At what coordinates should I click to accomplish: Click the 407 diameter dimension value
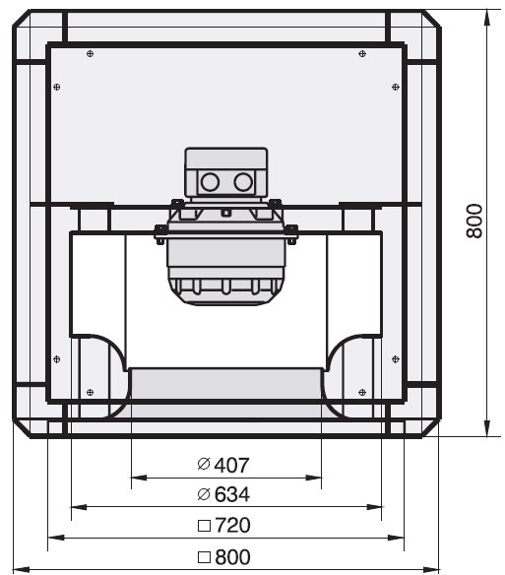[x=231, y=466]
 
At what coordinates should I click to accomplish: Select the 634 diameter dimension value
[x=232, y=494]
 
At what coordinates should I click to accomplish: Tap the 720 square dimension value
[x=233, y=525]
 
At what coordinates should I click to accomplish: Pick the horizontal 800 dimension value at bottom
[x=233, y=557]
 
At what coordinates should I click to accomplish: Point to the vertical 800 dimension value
[x=474, y=222]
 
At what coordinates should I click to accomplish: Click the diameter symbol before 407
[x=204, y=465]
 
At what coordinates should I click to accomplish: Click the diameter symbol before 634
[x=204, y=494]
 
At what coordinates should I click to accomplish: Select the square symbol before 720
[x=204, y=526]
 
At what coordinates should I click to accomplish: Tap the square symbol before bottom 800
[x=204, y=557]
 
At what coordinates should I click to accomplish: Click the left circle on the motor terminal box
[x=210, y=182]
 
